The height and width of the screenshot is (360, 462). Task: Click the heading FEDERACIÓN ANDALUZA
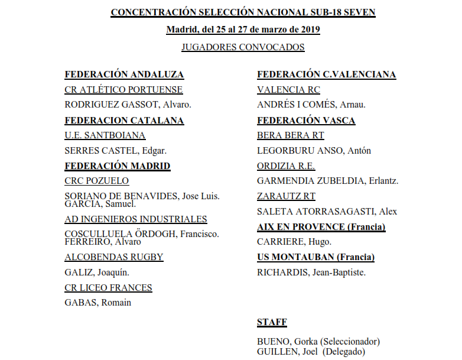[124, 74]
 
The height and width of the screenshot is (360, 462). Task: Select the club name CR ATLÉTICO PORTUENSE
[123, 90]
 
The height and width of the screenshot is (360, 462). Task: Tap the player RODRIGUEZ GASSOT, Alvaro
[128, 105]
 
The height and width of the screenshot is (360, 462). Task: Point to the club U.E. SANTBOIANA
[105, 135]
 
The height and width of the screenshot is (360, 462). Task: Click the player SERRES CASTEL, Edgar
[115, 151]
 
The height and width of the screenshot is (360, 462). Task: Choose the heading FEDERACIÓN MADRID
[117, 166]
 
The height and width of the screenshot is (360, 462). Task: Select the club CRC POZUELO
[96, 181]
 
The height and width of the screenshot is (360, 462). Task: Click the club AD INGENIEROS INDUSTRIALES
[136, 219]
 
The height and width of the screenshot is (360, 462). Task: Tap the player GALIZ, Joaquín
[97, 273]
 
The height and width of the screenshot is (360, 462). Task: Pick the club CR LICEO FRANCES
[108, 288]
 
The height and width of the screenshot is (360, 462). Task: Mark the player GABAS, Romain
[97, 303]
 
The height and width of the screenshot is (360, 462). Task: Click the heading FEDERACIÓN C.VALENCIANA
[326, 74]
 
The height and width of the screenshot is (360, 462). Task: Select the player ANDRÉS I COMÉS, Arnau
[311, 105]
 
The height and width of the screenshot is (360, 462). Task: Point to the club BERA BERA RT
[291, 135]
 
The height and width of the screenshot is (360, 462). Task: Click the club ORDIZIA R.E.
[286, 166]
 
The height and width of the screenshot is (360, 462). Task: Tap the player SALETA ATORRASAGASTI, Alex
[327, 212]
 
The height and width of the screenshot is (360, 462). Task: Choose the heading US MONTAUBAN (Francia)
[315, 257]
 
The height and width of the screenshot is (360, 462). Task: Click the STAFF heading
[272, 322]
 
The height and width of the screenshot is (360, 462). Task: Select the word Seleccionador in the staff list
[349, 342]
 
